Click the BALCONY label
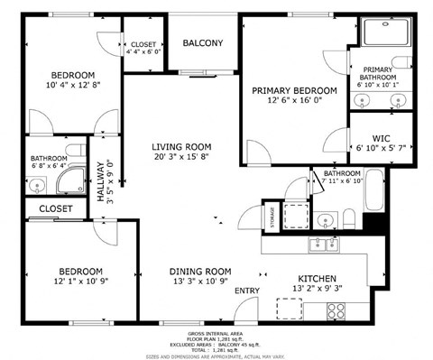click(x=203, y=43)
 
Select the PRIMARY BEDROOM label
click(x=294, y=91)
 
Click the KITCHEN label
click(x=317, y=279)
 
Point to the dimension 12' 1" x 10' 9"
click(x=81, y=282)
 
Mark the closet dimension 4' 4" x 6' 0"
click(x=144, y=51)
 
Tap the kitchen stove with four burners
click(x=336, y=309)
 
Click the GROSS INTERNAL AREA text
click(x=216, y=333)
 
